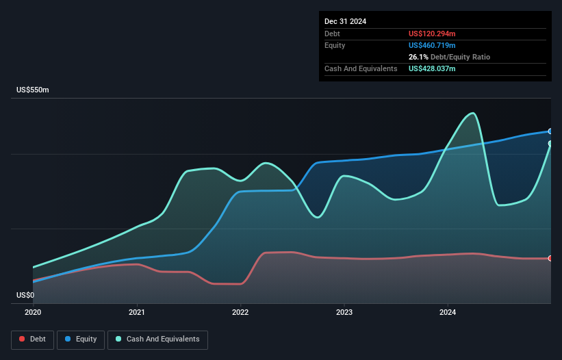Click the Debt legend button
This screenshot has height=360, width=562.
coord(33,339)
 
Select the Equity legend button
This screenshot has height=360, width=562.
coord(81,339)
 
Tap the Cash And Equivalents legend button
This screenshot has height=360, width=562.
coord(157,339)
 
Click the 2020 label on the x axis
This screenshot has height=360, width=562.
coord(33,312)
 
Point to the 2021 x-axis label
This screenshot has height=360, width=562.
coord(136,312)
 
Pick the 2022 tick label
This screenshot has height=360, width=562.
coord(240,312)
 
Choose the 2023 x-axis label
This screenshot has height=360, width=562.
coord(344,312)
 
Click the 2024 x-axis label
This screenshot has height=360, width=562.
coord(448,312)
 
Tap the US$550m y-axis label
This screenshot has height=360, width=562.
coord(33,90)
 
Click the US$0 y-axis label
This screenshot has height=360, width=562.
coord(25,295)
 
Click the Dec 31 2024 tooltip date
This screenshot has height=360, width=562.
coord(345,21)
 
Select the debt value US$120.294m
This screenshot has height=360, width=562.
coord(432,34)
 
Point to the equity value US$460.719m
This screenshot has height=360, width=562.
coord(432,45)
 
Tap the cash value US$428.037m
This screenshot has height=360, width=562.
coord(432,68)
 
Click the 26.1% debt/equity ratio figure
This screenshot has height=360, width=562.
coord(418,57)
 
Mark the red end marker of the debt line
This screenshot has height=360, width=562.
coord(550,258)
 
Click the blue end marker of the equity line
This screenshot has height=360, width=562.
coord(550,131)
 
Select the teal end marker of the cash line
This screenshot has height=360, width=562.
coord(550,144)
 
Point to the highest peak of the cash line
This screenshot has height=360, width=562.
coord(473,114)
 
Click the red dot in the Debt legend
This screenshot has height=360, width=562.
coord(22,339)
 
